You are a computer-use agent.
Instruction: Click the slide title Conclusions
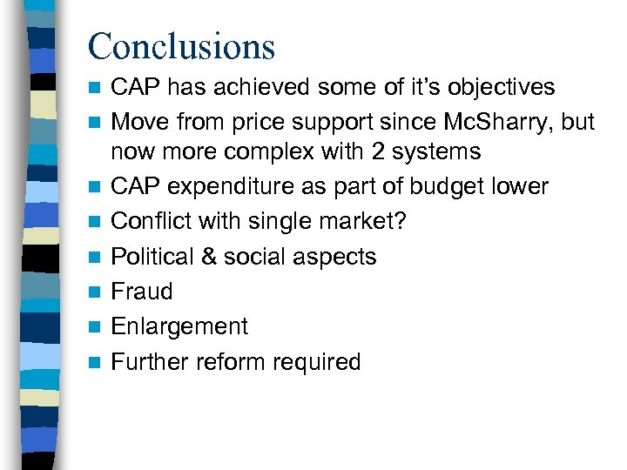[x=181, y=45]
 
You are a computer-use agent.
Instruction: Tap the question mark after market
[x=400, y=222]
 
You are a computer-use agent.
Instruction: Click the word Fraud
[x=142, y=292]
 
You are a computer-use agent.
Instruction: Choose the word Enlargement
[x=179, y=327]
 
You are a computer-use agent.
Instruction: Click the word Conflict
[x=150, y=222]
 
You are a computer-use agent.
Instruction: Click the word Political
[x=154, y=257]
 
